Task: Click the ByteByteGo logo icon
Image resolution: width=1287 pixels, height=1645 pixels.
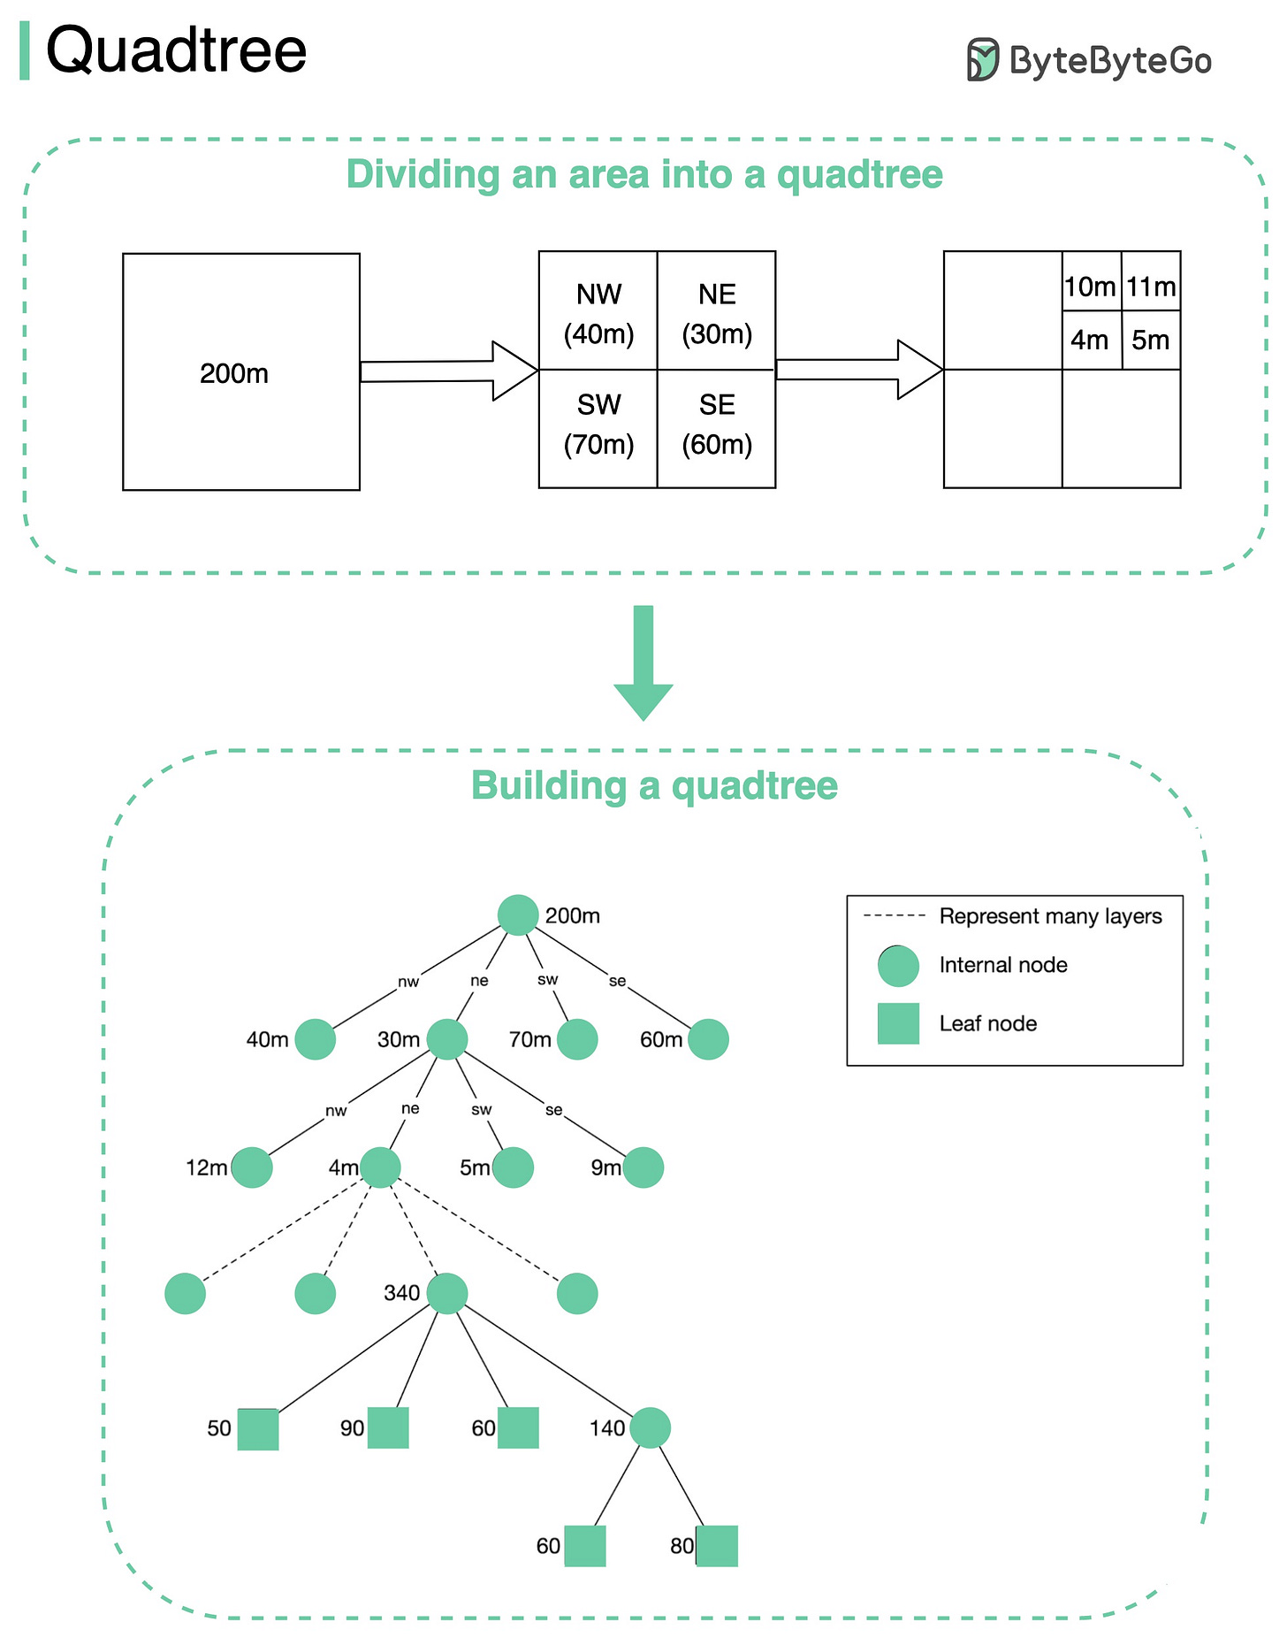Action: [x=982, y=59]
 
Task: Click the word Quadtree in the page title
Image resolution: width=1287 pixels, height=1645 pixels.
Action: [x=176, y=50]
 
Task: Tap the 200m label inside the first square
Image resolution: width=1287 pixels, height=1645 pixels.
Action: [x=234, y=374]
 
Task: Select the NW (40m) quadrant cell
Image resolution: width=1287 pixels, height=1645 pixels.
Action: [x=598, y=311]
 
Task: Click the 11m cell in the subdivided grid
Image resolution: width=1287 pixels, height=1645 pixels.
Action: [x=1151, y=287]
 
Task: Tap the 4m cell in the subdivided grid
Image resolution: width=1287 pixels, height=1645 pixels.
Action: [x=1090, y=340]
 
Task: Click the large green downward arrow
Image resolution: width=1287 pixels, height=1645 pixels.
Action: [x=643, y=663]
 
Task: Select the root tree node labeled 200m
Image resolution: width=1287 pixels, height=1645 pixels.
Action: [x=518, y=915]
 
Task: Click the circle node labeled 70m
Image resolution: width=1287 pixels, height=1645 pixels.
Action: [x=577, y=1039]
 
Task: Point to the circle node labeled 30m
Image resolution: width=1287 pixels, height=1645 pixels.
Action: [x=447, y=1039]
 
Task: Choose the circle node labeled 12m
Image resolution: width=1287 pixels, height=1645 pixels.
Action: [x=252, y=1167]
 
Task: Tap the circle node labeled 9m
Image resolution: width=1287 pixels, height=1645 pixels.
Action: [x=643, y=1167]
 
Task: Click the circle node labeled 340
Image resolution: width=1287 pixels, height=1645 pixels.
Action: [x=447, y=1293]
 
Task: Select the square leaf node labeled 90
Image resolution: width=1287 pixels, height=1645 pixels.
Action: [x=388, y=1427]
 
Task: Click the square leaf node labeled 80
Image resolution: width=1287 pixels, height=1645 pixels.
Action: [x=717, y=1546]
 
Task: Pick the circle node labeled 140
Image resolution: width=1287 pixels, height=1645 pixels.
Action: [x=651, y=1427]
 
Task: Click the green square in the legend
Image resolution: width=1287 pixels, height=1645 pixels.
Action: [x=898, y=1023]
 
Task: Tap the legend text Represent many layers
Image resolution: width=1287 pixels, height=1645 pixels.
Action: [x=1050, y=916]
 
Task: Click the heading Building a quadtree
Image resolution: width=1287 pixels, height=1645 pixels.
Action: [x=654, y=785]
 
